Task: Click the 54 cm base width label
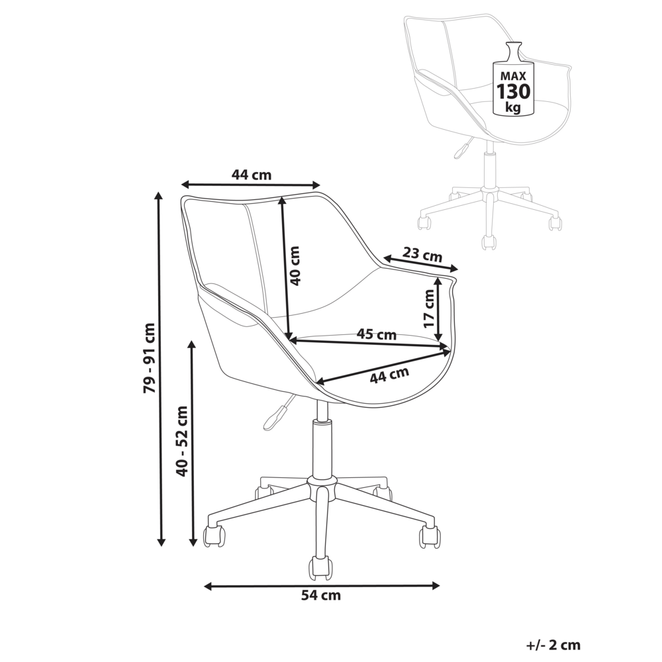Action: pos(321,595)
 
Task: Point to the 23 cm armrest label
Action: pos(422,255)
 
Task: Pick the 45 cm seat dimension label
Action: pos(376,334)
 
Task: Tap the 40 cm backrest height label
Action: pos(295,265)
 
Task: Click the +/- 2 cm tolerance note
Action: pos(553,643)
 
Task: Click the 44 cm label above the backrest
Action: pos(251,175)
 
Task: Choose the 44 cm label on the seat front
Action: pos(389,375)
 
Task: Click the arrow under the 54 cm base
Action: pos(322,585)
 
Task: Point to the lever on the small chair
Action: pos(459,150)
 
